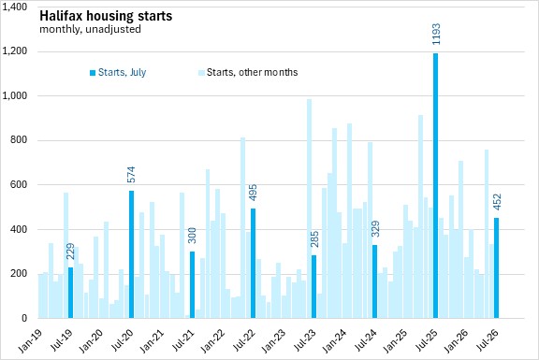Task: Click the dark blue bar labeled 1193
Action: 435,185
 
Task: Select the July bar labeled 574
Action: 131,254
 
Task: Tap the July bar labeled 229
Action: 70,293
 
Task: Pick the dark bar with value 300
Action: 192,285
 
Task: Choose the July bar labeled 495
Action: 253,263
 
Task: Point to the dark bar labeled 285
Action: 313,286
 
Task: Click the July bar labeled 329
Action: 374,281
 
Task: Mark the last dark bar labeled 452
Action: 496,268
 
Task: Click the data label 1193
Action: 436,34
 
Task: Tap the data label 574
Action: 131,175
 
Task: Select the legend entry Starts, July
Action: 118,73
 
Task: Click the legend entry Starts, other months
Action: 248,73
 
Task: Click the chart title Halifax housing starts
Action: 106,16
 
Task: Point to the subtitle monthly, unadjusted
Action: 90,29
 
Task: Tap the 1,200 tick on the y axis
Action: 14,51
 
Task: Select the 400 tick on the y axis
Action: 20,229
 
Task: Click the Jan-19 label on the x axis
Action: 30,341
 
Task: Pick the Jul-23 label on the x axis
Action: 304,340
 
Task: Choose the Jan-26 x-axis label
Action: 456,341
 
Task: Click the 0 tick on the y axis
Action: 24,318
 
